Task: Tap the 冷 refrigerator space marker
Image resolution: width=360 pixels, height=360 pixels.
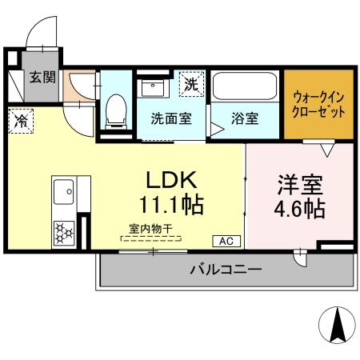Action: click(20, 122)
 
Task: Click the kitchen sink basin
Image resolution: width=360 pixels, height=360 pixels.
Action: click(63, 192)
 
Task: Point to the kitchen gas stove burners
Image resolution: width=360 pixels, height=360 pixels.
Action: click(62, 233)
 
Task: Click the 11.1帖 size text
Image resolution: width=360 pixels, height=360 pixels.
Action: click(170, 205)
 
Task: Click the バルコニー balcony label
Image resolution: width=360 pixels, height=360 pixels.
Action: click(225, 270)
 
